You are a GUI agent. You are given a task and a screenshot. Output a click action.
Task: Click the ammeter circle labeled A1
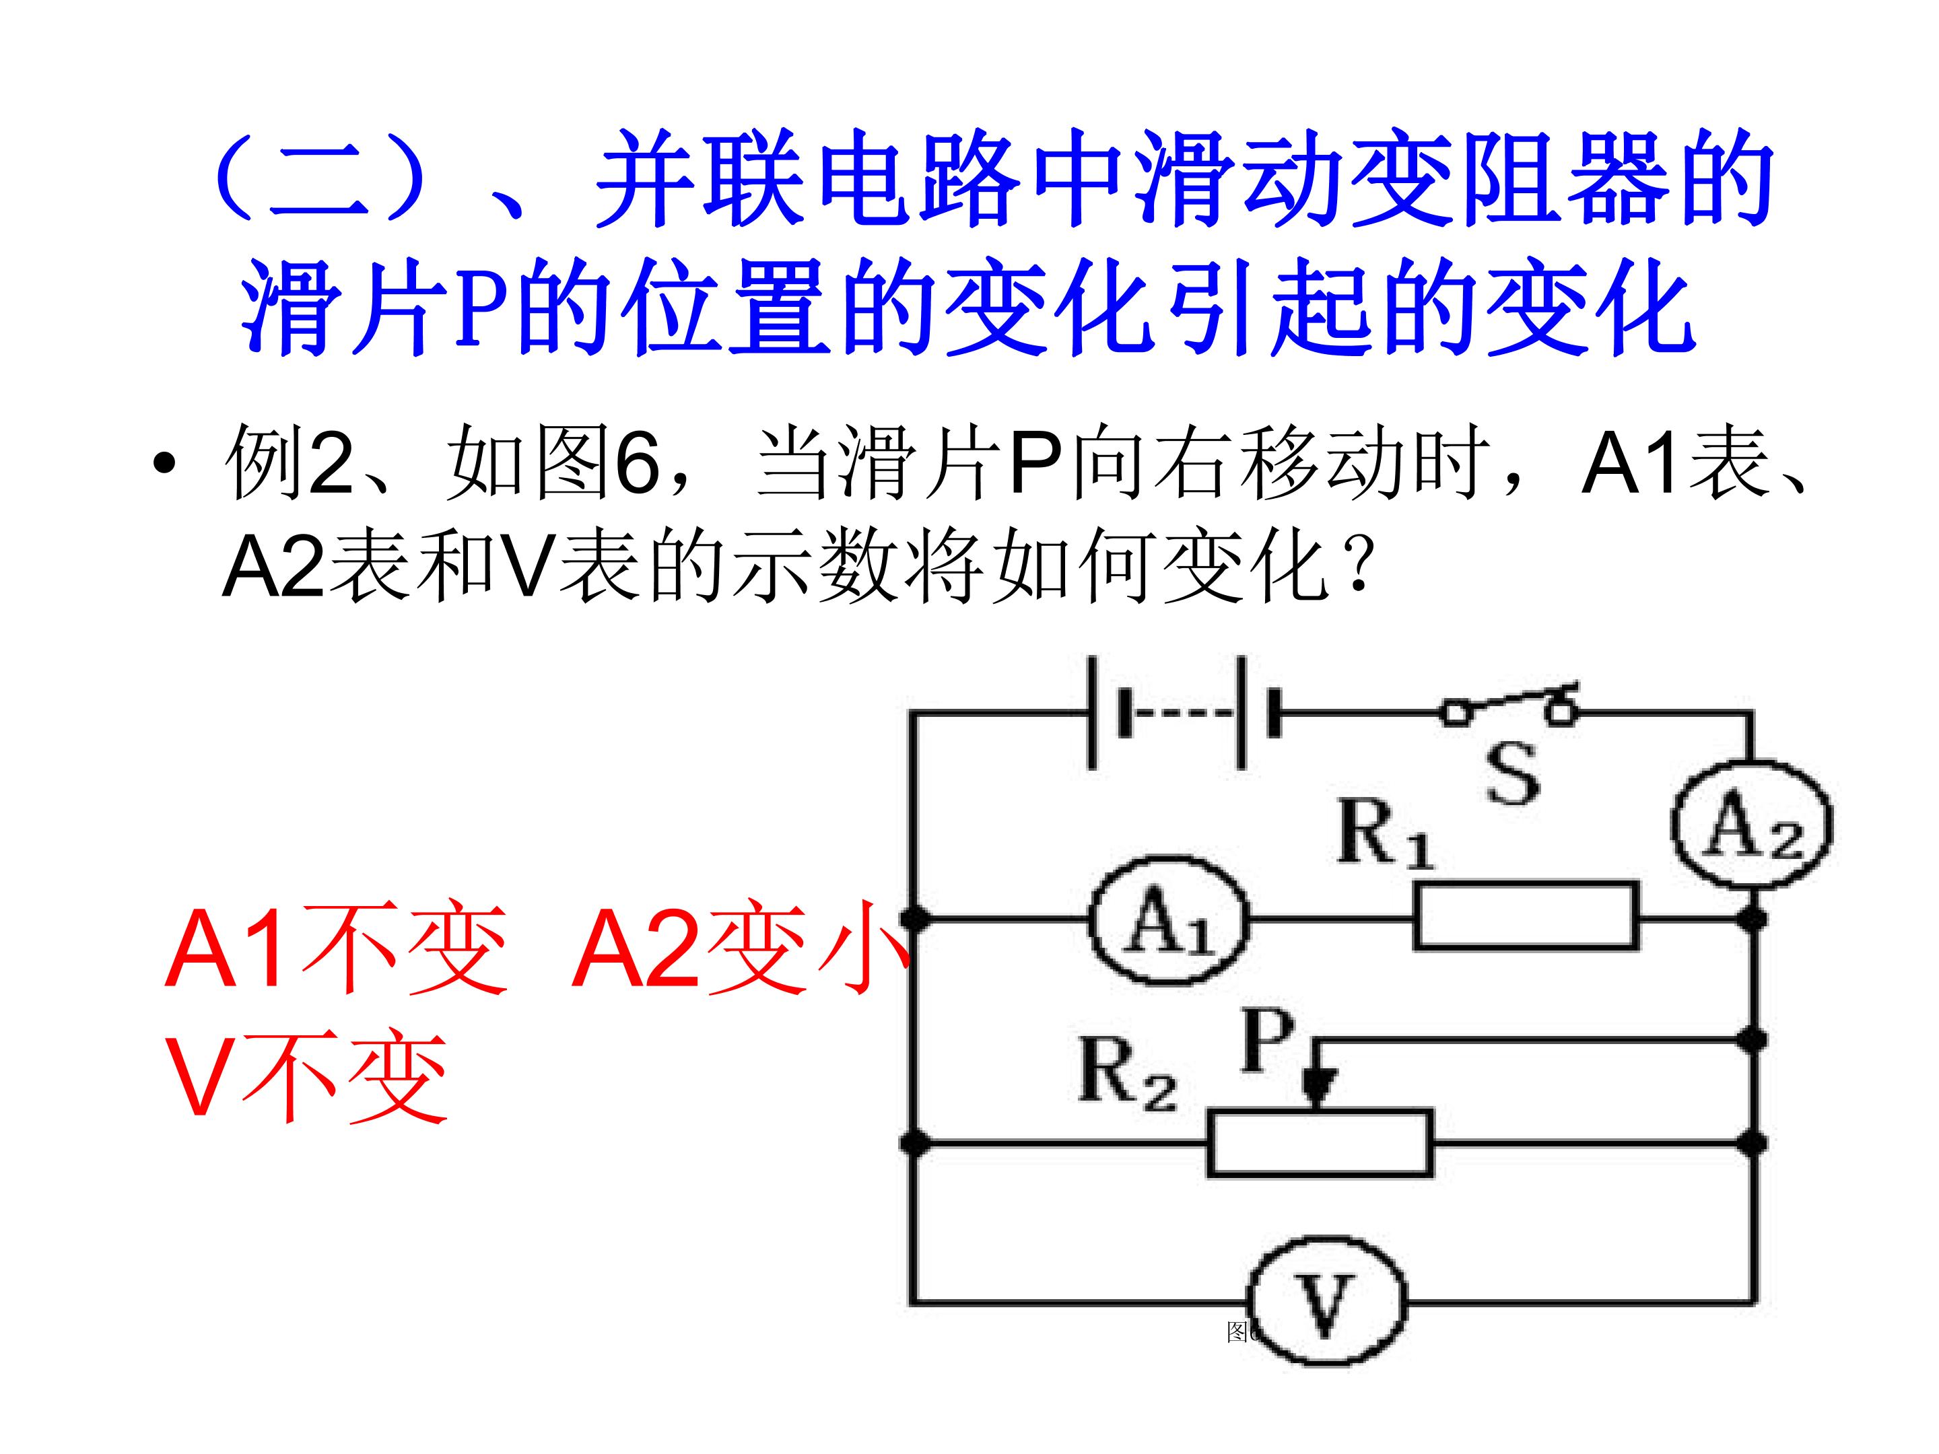click(x=1169, y=920)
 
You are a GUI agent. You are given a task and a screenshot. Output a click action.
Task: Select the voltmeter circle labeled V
click(x=1326, y=1301)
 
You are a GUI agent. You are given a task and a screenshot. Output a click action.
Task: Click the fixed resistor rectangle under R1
click(x=1525, y=917)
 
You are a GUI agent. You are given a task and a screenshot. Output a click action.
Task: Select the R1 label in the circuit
click(x=1385, y=833)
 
